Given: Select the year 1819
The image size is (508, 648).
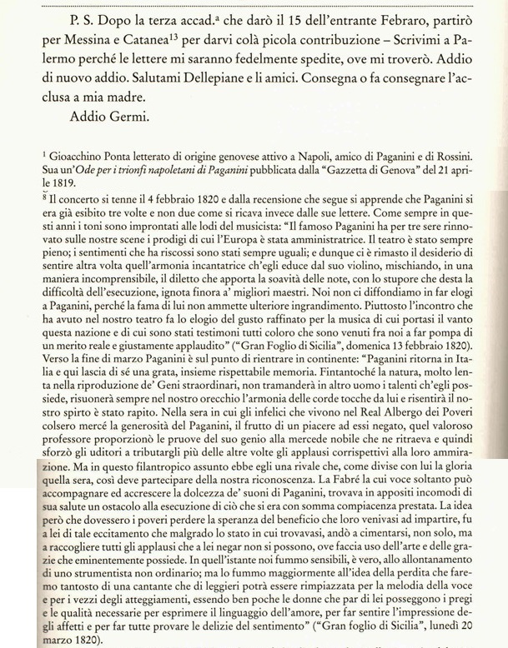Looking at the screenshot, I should click(x=67, y=190).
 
